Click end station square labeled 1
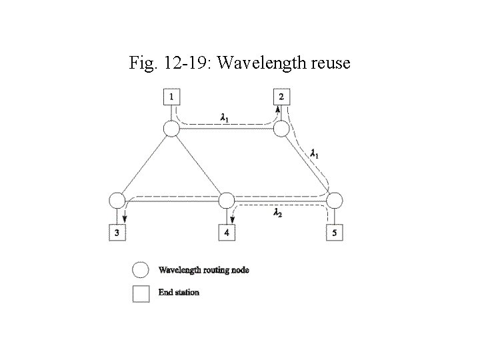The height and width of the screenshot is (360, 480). [x=171, y=97]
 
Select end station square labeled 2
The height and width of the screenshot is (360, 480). [x=281, y=97]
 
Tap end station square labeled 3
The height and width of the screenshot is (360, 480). [x=117, y=233]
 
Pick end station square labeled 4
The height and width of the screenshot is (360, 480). [x=227, y=233]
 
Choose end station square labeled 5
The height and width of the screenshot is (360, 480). [x=334, y=233]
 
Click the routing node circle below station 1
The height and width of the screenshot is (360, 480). [x=171, y=128]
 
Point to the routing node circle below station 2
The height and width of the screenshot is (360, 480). [x=281, y=128]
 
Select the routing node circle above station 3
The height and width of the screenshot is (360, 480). [x=117, y=201]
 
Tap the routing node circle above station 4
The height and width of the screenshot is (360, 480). [x=227, y=201]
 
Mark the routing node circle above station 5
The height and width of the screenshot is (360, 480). [x=334, y=201]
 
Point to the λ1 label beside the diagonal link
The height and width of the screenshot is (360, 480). [x=315, y=153]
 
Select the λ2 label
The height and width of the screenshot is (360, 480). [x=278, y=213]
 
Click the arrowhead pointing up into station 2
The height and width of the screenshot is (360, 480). [x=278, y=109]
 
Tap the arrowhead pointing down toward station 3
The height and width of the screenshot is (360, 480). [x=125, y=219]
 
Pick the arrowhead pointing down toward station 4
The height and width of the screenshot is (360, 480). [x=233, y=219]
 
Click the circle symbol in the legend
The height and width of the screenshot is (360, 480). [x=141, y=270]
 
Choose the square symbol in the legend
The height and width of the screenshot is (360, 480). [x=141, y=293]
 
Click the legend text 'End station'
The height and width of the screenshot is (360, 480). [x=179, y=292]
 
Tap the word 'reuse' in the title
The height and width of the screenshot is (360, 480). [x=326, y=64]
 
